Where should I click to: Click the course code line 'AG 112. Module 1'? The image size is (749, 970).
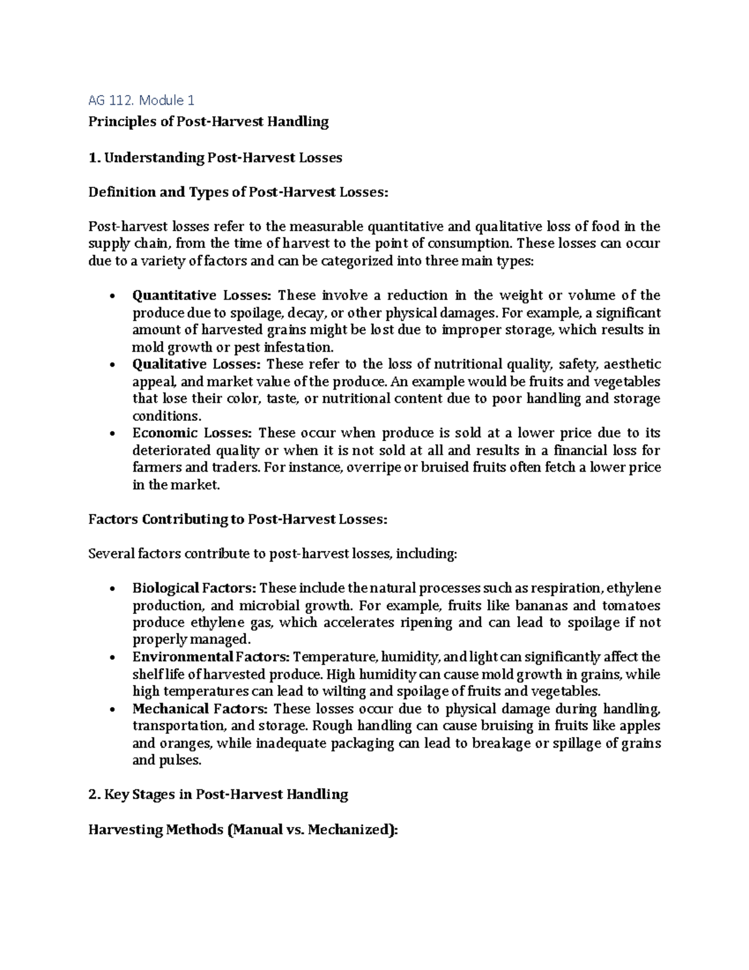(142, 100)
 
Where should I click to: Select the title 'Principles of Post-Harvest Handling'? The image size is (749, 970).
(208, 121)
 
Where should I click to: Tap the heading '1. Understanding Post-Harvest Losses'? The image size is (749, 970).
(215, 157)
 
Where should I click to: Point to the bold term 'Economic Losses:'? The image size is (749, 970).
(192, 433)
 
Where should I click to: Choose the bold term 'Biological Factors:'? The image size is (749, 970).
(193, 588)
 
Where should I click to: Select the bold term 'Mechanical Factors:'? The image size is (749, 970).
(200, 709)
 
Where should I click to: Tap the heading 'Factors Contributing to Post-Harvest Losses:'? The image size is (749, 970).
(238, 519)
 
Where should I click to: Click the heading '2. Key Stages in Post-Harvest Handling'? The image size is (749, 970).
(218, 794)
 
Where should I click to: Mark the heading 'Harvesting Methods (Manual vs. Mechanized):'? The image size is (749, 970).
(242, 829)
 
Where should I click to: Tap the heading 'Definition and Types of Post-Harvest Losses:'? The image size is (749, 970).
(238, 192)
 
